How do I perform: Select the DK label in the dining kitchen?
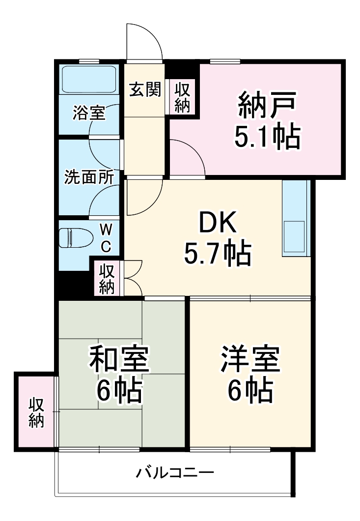click(x=217, y=225)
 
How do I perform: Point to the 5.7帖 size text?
click(x=217, y=254)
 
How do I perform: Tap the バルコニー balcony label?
click(x=175, y=473)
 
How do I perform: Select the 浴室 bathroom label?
click(x=89, y=113)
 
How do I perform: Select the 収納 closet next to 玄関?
click(x=182, y=97)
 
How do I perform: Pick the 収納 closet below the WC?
click(x=107, y=279)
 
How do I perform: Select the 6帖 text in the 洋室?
click(x=250, y=391)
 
